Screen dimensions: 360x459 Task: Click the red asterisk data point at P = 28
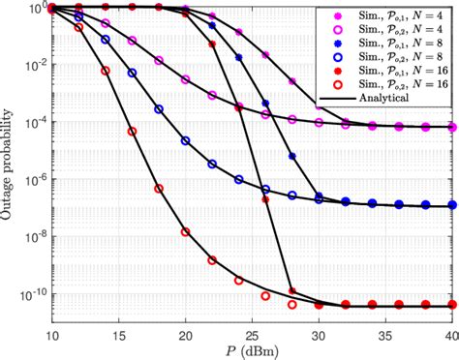point(291,289)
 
